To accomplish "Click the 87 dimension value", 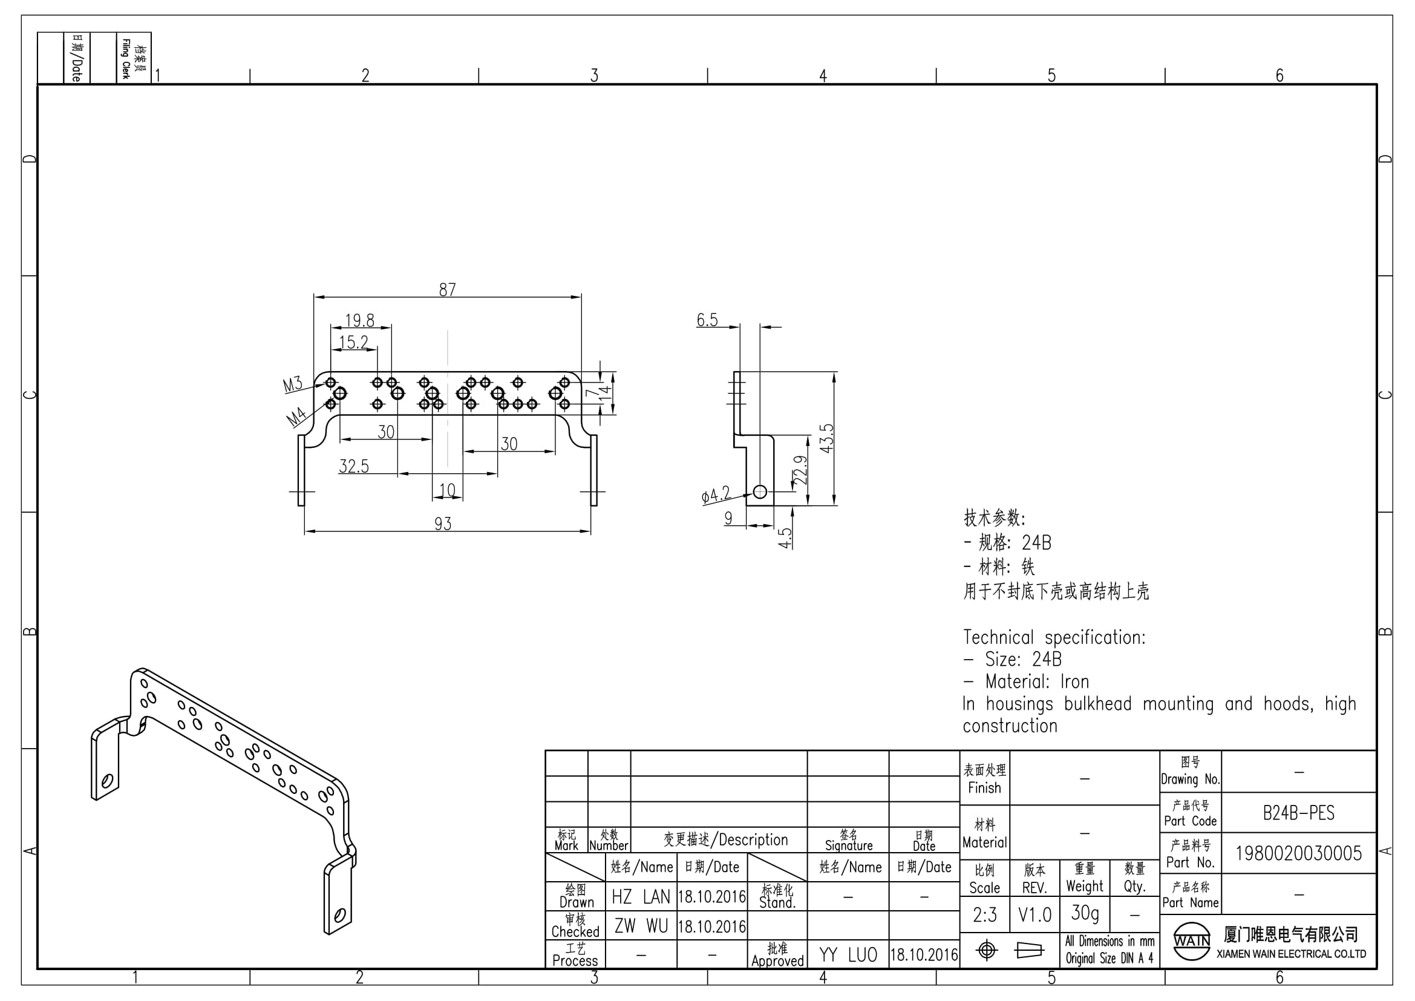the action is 448,289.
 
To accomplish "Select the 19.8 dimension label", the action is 359,321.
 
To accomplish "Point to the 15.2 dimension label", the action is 354,342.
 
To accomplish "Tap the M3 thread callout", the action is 293,385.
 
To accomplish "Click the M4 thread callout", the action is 296,418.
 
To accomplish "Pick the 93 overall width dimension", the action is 443,524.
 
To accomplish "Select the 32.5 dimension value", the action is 354,466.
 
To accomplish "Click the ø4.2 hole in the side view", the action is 760,491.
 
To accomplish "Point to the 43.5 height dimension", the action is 826,438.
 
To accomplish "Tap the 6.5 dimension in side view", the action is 708,320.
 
